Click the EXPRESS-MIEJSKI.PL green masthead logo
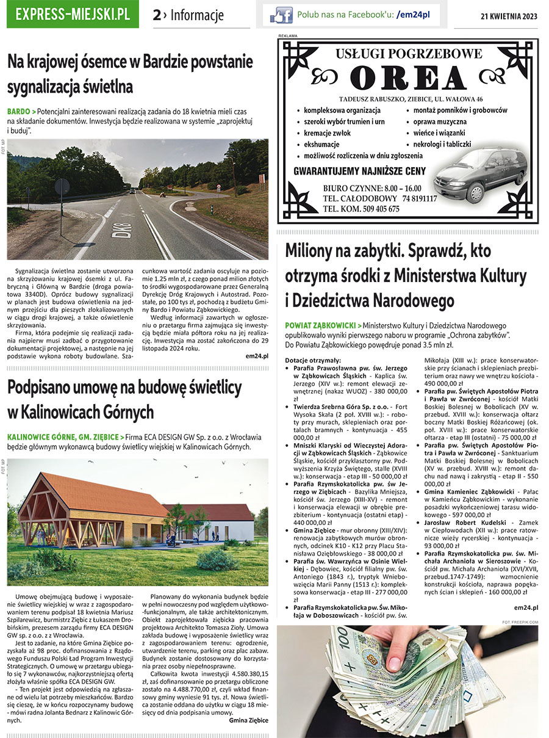[73, 15]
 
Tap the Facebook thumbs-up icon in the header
[282, 15]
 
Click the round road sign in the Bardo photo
[62, 187]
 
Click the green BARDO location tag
[18, 112]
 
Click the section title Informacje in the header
[197, 15]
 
